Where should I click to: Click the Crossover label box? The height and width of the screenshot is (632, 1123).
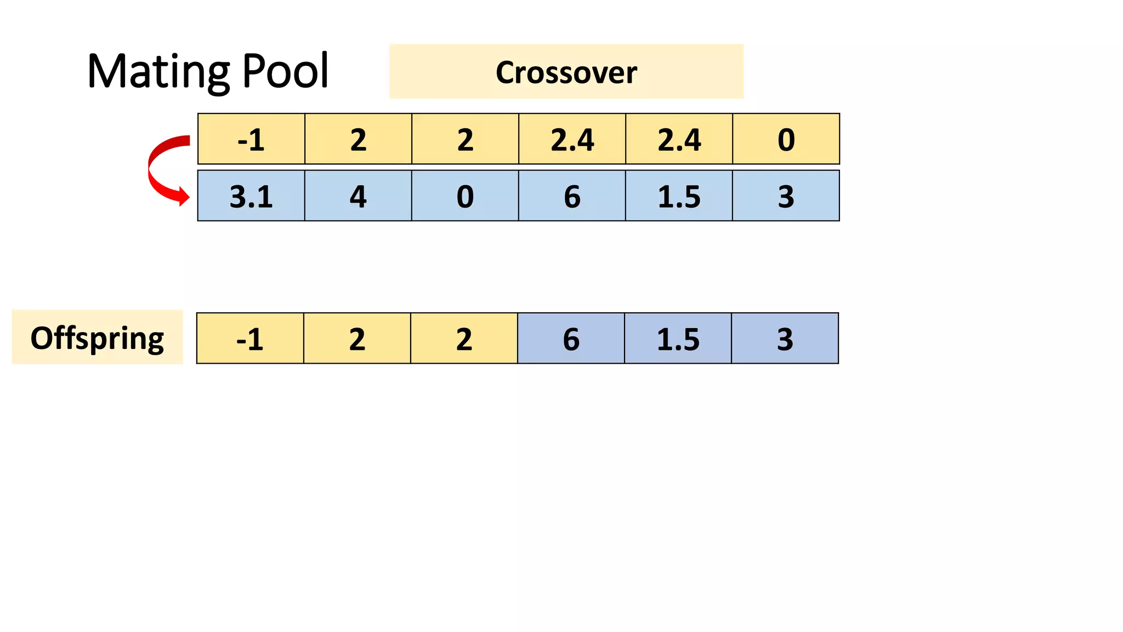coord(566,72)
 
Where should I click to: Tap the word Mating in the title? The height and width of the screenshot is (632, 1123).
coord(159,71)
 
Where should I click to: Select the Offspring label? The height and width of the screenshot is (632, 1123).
coord(97,337)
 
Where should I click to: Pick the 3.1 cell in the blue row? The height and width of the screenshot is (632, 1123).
coord(251,196)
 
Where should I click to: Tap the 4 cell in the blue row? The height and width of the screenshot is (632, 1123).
coord(358,196)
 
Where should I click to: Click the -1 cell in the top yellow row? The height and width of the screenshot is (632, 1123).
coord(251,139)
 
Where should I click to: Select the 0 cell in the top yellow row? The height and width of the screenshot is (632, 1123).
coord(786,139)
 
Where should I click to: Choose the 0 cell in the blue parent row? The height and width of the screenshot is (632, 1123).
coord(465,196)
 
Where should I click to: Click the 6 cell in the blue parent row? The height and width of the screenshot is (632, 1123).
coord(572,196)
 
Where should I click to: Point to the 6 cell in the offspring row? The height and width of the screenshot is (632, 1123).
coord(571,338)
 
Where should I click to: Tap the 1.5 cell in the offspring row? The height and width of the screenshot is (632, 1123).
coord(678,338)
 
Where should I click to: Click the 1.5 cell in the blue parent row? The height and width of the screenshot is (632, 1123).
coord(679,196)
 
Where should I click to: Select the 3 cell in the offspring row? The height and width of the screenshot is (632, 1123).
coord(785,338)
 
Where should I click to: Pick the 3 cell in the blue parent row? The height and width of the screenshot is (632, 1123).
coord(786,196)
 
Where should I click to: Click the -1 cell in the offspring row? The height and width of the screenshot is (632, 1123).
coord(250,338)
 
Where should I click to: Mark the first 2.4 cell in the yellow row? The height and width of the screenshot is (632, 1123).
coord(572,139)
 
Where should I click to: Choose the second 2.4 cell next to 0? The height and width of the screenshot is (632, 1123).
coord(679,139)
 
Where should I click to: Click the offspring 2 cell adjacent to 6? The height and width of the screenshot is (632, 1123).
coord(464,338)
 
